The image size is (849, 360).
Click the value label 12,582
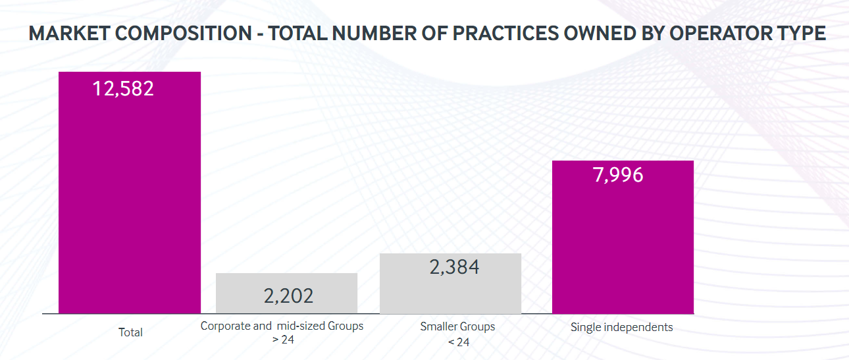click(123, 88)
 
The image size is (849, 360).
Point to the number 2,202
click(288, 296)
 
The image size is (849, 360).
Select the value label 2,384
click(454, 267)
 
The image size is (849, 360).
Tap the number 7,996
click(618, 175)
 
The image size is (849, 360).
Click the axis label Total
click(130, 332)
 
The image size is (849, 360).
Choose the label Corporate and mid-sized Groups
click(282, 326)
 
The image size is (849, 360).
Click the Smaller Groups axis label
click(457, 326)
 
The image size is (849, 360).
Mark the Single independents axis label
click(622, 327)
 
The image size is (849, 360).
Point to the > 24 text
click(283, 340)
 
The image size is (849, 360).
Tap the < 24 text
click(458, 342)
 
